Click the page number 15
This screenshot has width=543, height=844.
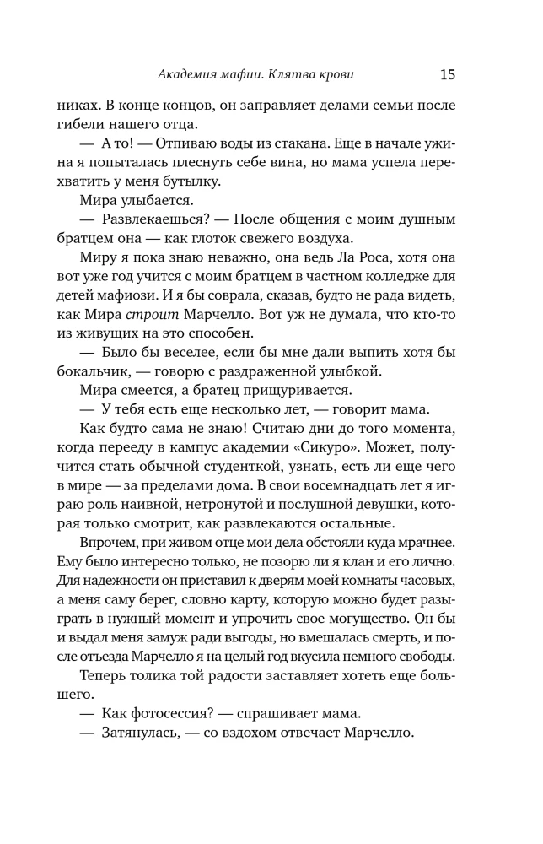[x=447, y=74]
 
